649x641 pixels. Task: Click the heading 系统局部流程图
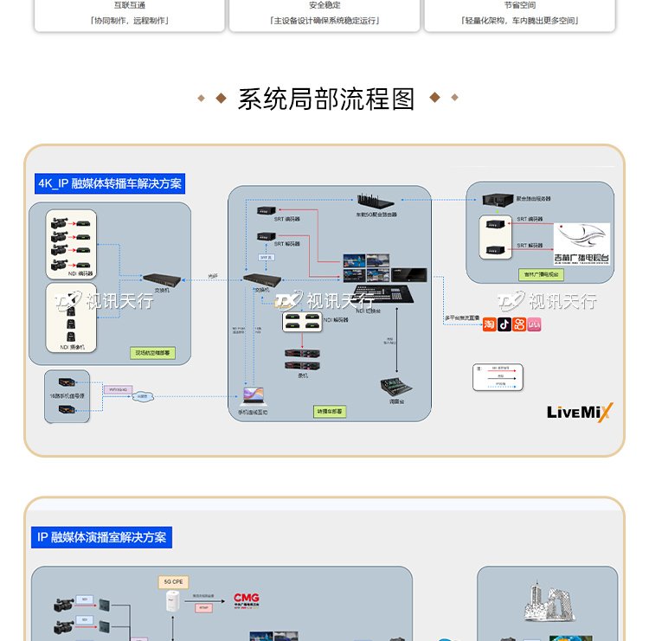[326, 99]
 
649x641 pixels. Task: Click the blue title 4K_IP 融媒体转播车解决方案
[110, 184]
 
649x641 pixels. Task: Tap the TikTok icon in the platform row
[504, 324]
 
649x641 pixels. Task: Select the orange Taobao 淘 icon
[489, 324]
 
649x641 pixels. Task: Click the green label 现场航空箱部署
[152, 353]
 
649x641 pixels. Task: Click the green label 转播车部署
[329, 412]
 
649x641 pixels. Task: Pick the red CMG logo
[247, 598]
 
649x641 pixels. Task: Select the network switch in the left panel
[162, 280]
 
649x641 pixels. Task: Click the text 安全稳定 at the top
[324, 5]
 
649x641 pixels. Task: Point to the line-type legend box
[499, 378]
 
